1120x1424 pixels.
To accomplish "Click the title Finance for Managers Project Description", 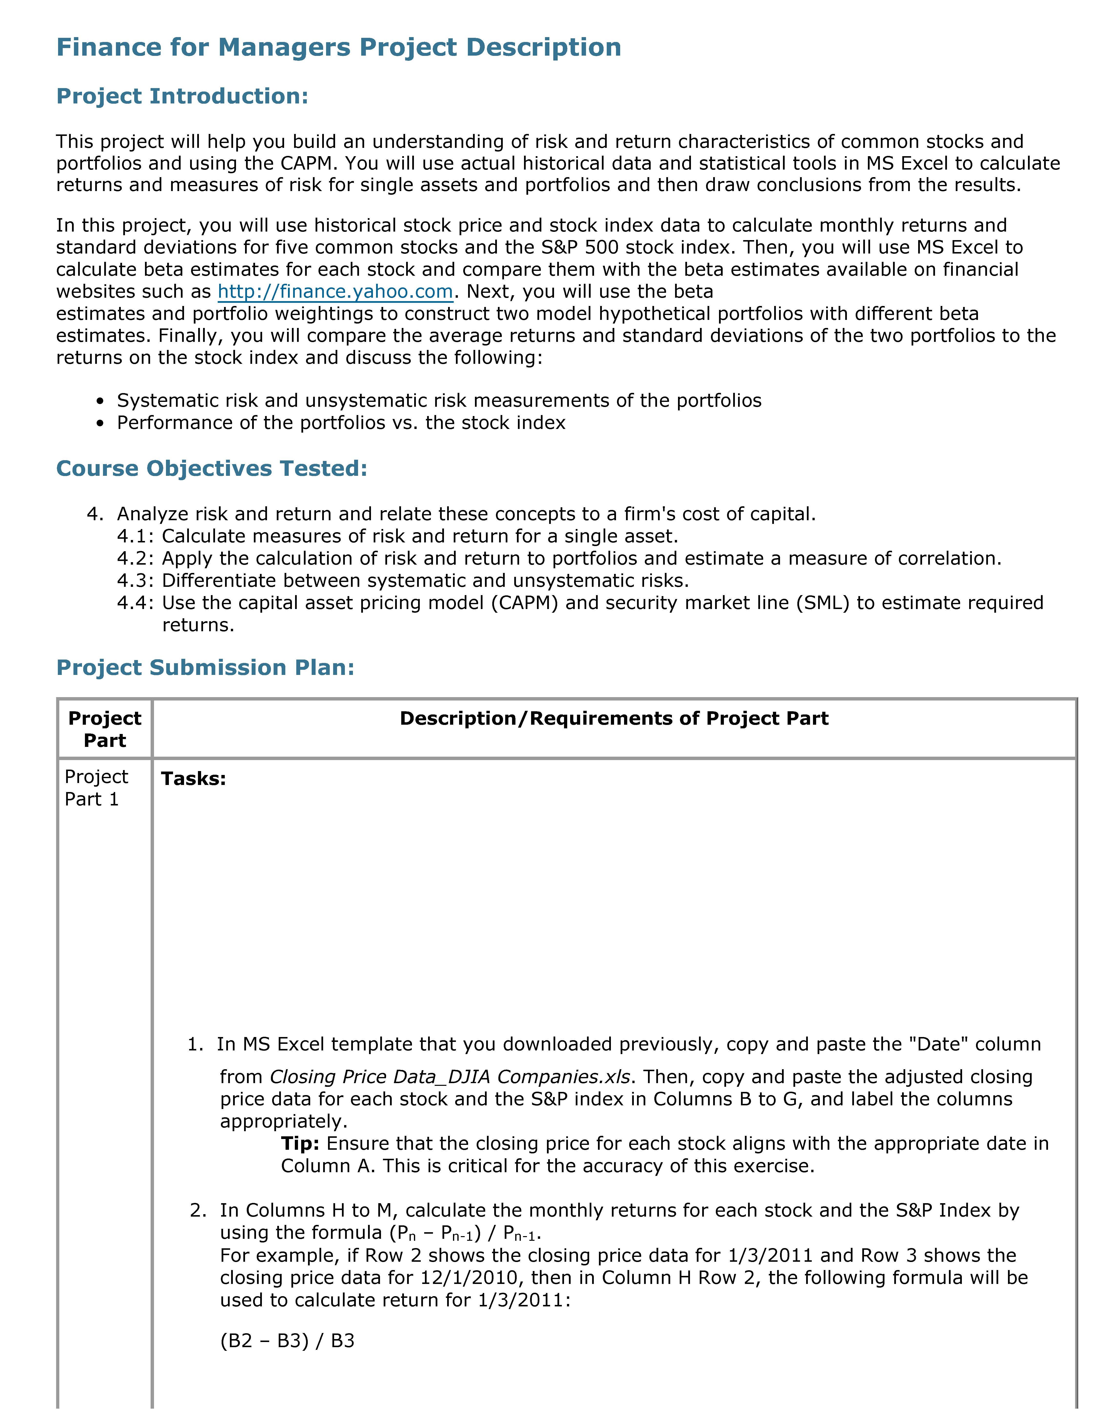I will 338,47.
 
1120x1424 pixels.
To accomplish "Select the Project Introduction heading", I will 182,96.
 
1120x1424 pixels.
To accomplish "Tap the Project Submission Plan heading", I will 205,667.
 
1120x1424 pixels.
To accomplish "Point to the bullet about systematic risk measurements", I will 439,401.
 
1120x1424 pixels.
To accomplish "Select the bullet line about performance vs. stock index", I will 341,423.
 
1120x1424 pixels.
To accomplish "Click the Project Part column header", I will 105,729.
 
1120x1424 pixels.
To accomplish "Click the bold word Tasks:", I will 194,779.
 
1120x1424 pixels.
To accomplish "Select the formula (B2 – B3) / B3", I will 287,1341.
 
